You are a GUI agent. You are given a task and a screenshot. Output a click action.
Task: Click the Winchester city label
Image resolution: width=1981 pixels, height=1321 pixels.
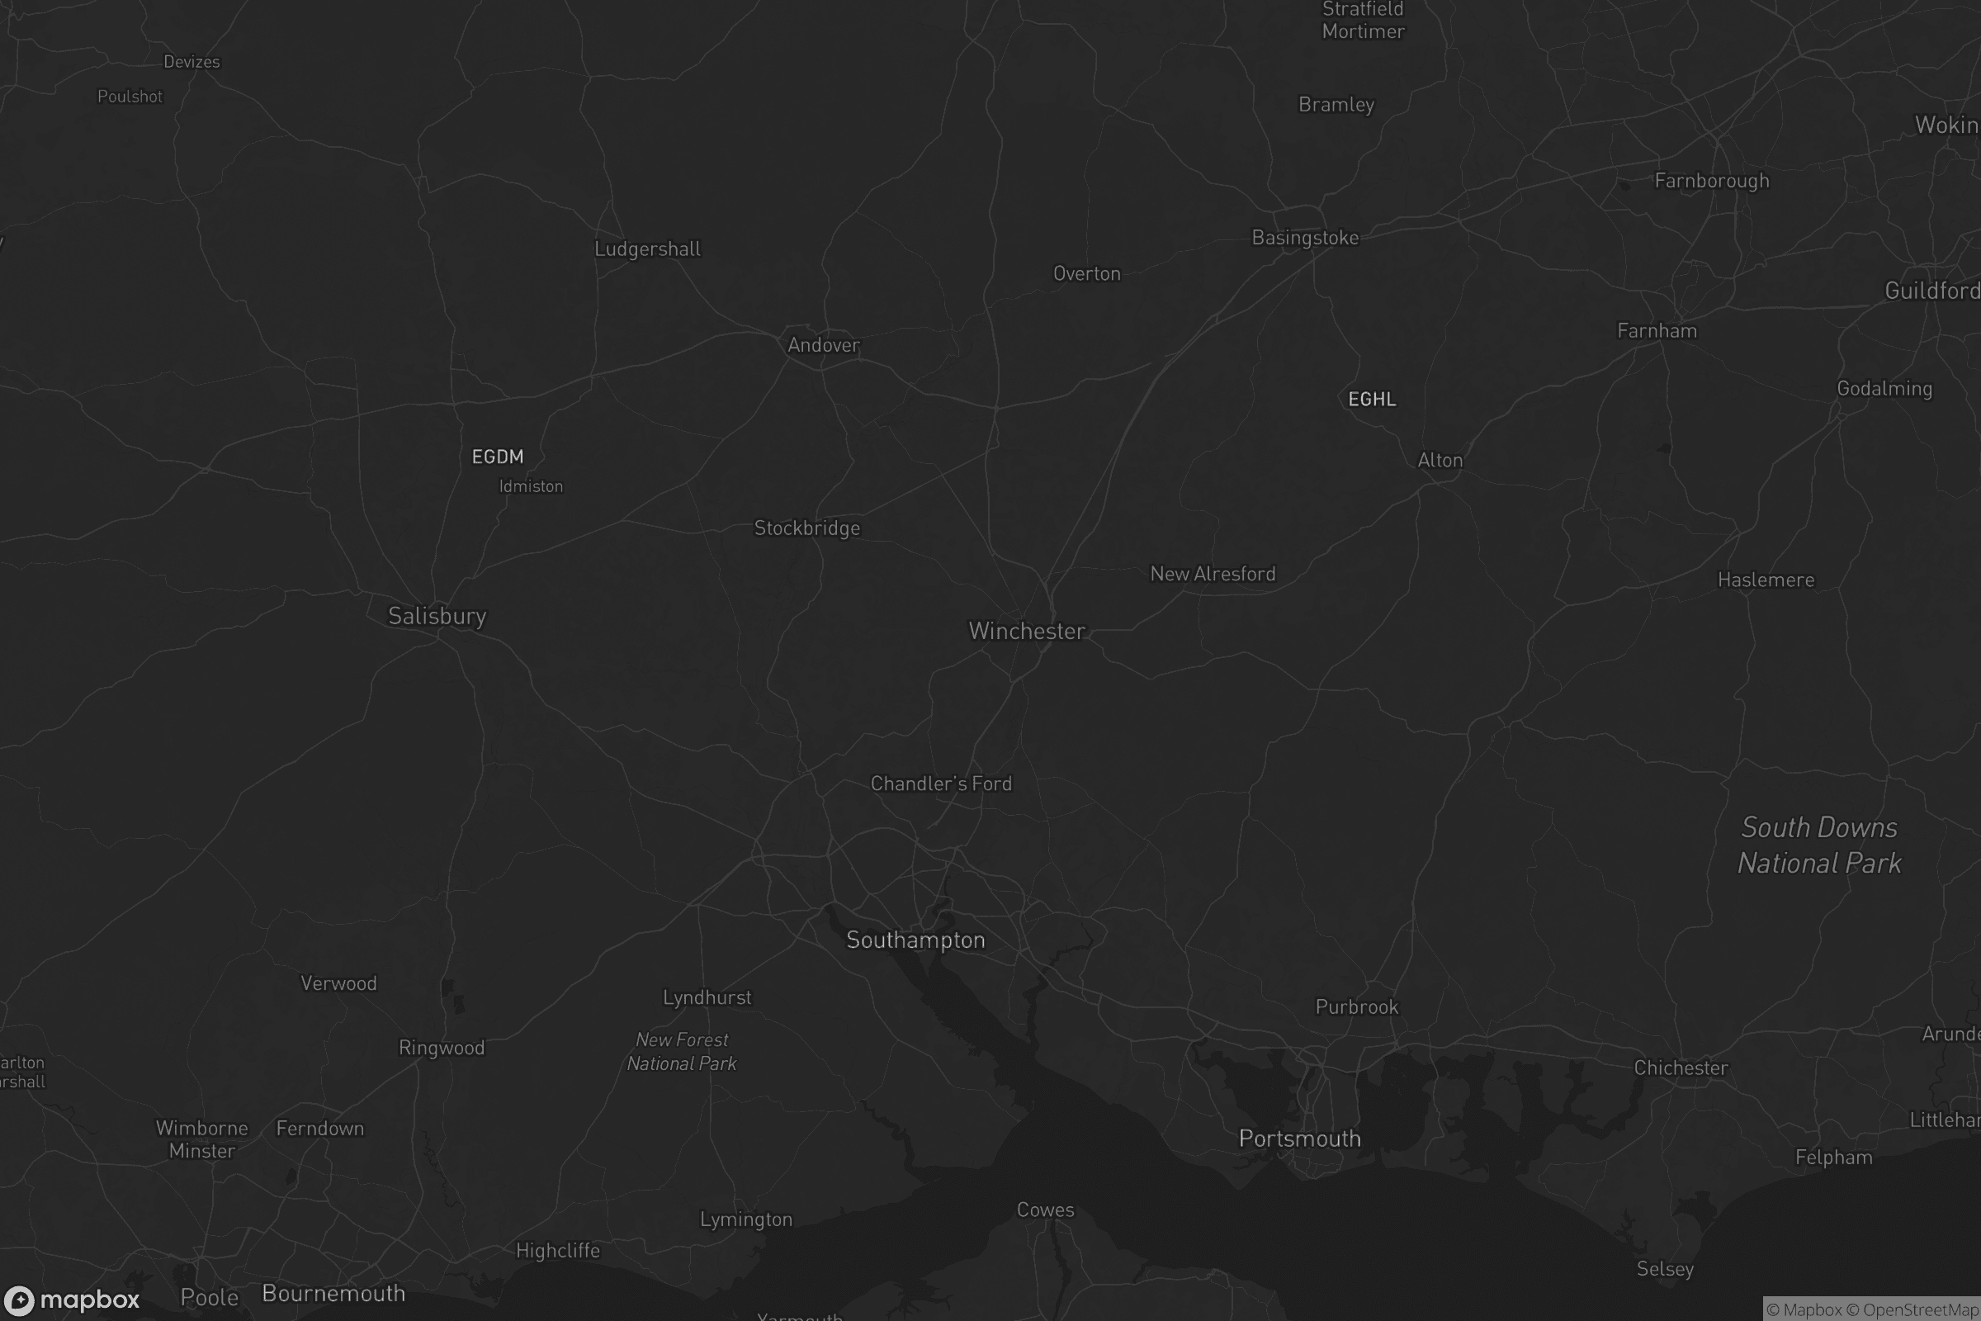click(1026, 631)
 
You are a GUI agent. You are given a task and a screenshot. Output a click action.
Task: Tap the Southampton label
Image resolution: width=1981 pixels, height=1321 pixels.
click(915, 940)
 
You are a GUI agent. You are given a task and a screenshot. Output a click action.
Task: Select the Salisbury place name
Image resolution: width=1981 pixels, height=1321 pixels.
click(437, 616)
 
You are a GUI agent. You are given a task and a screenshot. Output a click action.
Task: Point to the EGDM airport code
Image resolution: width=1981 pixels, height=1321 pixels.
click(498, 457)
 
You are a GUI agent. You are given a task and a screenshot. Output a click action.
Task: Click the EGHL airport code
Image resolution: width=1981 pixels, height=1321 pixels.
click(1372, 400)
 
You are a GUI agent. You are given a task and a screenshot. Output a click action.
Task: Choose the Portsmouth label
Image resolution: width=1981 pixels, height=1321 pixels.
click(1299, 1139)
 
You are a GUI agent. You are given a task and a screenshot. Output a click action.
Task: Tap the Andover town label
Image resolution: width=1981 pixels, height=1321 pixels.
click(824, 344)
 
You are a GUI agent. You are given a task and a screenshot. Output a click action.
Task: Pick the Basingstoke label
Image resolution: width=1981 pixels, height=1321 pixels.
click(1305, 238)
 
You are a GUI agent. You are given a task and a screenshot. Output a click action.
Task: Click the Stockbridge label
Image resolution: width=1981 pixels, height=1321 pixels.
click(807, 528)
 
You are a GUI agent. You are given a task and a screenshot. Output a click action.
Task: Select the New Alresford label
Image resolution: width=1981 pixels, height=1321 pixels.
click(1213, 574)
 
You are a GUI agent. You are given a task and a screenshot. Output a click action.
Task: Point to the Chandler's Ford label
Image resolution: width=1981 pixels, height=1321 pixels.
click(941, 784)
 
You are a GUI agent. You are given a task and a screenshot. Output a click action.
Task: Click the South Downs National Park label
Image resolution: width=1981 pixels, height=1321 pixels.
click(1819, 845)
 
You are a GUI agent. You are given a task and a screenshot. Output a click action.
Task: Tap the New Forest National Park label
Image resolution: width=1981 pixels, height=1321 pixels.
click(682, 1051)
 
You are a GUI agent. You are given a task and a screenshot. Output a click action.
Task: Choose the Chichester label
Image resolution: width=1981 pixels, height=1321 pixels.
click(1681, 1068)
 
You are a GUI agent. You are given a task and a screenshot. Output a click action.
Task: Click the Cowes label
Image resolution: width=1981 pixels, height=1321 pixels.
click(1045, 1210)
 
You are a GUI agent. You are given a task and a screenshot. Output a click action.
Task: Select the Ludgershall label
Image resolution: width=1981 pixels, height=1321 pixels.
click(647, 249)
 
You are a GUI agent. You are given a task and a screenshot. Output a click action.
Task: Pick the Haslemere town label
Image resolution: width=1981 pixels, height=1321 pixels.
click(1766, 580)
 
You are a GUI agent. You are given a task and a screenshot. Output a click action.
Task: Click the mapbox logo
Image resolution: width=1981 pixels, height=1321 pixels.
click(72, 1300)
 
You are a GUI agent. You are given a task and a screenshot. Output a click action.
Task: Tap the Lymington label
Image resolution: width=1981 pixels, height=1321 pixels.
click(745, 1219)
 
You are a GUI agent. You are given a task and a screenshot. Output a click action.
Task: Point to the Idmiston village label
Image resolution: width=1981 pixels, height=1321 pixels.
click(531, 486)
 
